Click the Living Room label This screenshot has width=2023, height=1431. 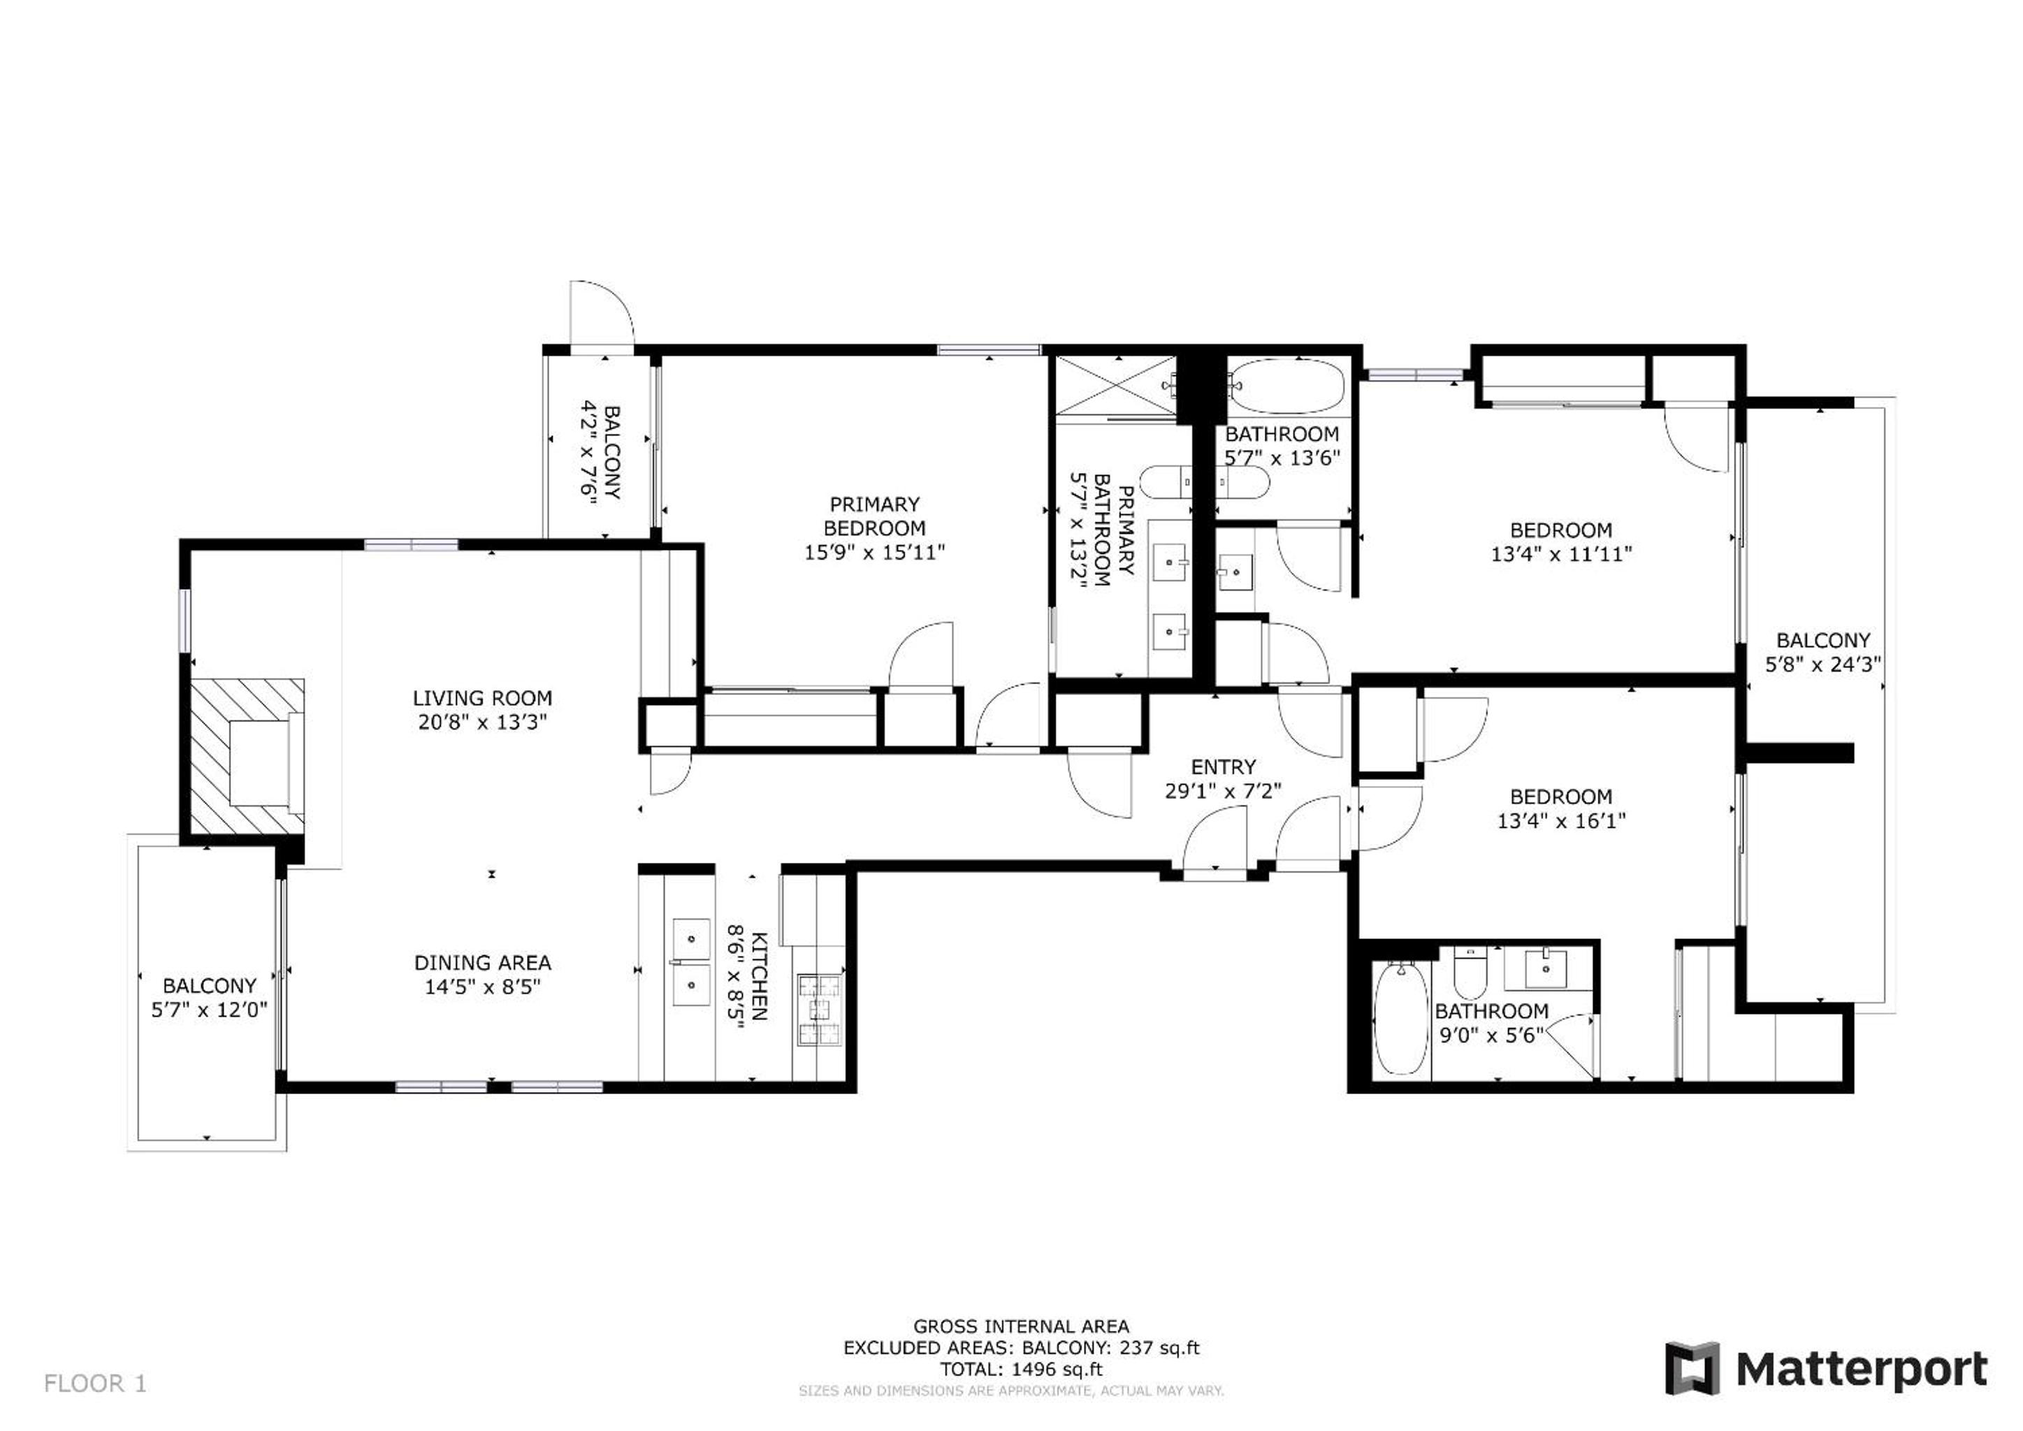click(x=482, y=698)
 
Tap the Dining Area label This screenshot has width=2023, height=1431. click(x=483, y=962)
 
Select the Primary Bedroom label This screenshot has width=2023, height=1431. click(x=874, y=516)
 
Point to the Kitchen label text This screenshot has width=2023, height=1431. click(x=760, y=975)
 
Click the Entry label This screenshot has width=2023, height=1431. click(x=1223, y=767)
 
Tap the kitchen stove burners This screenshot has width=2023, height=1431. click(x=820, y=1009)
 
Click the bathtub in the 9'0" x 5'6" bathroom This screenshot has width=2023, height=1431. click(x=1401, y=1018)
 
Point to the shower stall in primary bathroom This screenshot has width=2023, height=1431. click(x=1117, y=386)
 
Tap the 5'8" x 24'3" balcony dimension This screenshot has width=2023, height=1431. click(x=1823, y=664)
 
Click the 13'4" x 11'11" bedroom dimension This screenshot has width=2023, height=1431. click(x=1561, y=554)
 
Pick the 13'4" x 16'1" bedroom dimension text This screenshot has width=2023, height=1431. click(x=1561, y=820)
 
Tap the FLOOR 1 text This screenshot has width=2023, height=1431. click(x=95, y=1383)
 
